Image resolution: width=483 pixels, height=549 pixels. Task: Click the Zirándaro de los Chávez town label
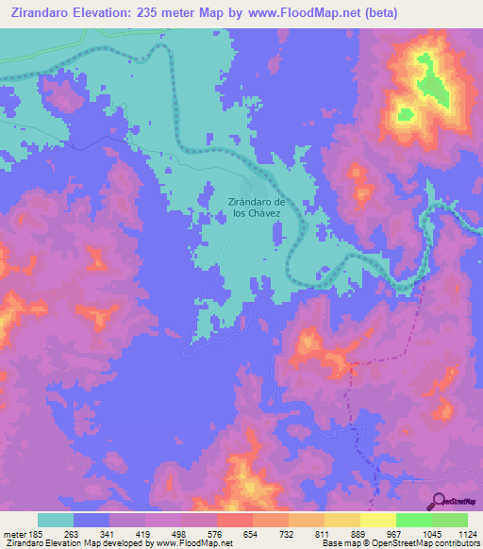point(256,208)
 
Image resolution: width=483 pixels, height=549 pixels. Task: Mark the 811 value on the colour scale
point(324,533)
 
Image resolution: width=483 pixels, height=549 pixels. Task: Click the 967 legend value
point(395,533)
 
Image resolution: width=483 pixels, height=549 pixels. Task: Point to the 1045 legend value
point(429,533)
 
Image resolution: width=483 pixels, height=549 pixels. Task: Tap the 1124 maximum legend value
point(465,533)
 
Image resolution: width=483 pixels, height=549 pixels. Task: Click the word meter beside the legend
point(12,533)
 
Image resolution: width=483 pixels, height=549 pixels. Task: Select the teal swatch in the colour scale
point(56,520)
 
